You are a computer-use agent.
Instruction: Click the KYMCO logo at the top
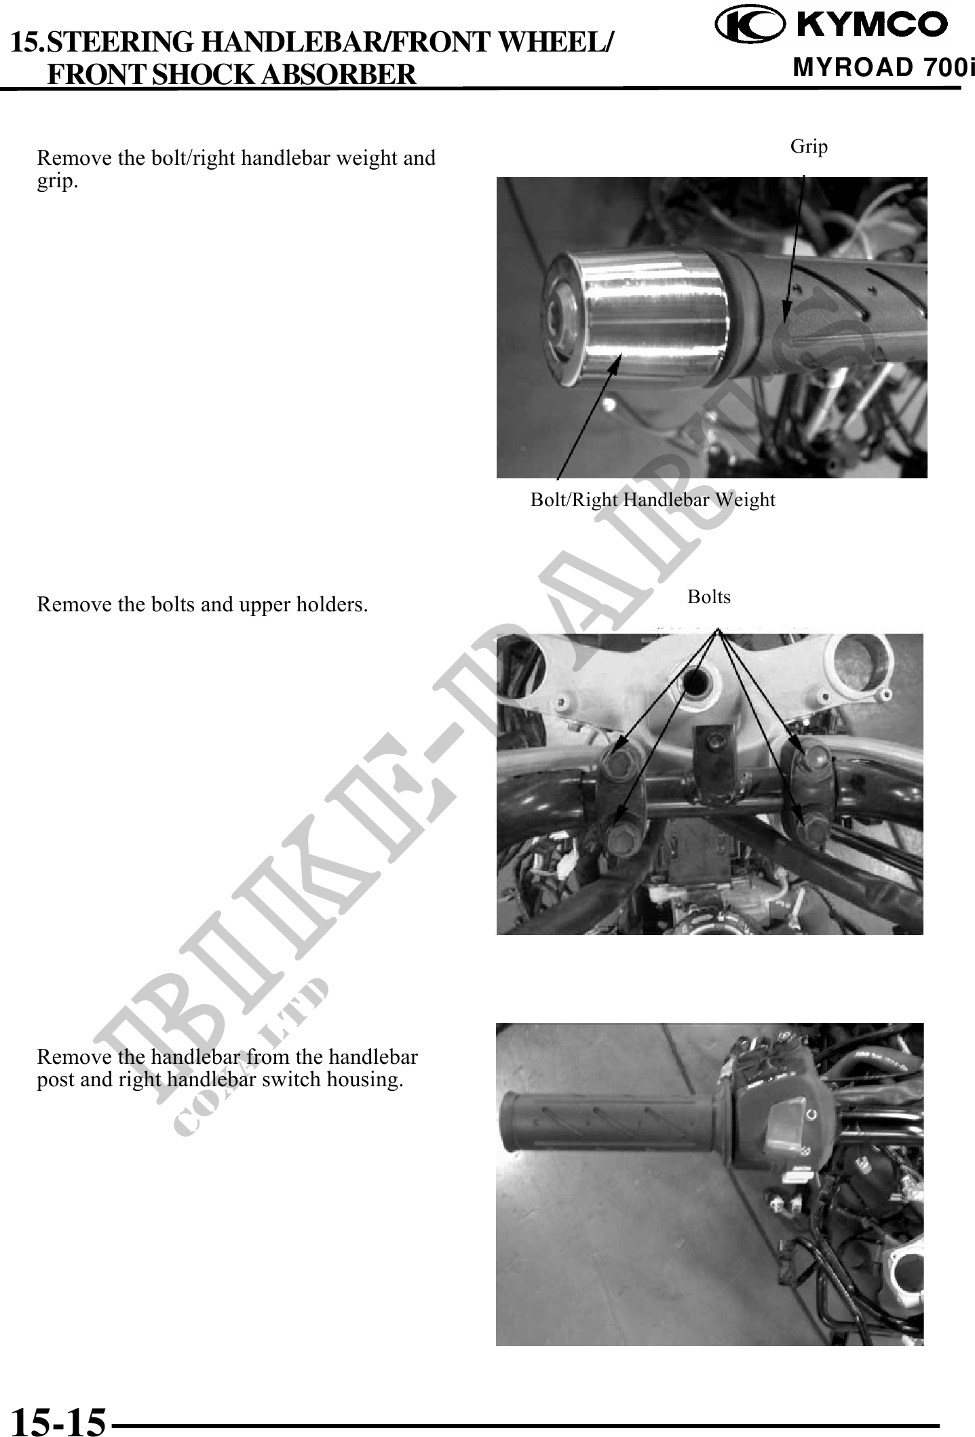[833, 24]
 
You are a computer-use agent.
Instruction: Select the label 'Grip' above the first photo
[809, 146]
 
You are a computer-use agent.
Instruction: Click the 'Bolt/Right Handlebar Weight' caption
[653, 500]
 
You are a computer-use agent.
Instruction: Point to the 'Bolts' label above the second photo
[709, 597]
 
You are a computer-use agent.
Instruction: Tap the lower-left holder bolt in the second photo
[621, 841]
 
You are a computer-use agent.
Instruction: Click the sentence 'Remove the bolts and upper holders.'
[202, 604]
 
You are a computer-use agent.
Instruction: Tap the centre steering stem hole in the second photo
[696, 681]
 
